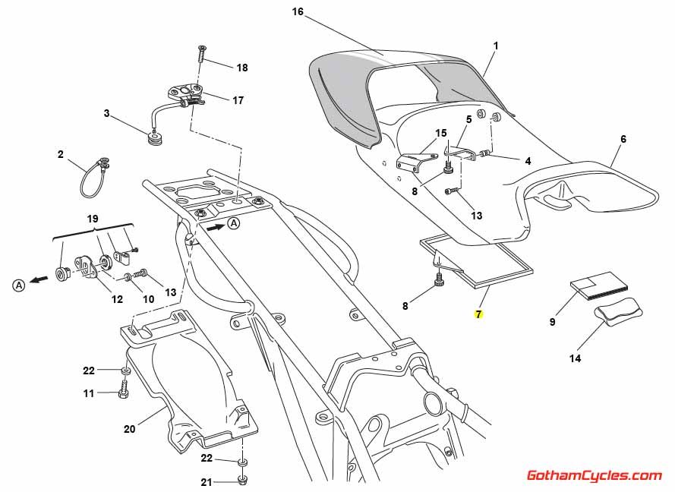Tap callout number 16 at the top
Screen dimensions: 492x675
[x=298, y=11]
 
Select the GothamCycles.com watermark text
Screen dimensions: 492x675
[x=595, y=476]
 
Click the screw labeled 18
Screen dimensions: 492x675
[x=203, y=53]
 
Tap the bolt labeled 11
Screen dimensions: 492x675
[x=122, y=394]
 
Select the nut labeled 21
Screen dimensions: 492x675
[x=242, y=481]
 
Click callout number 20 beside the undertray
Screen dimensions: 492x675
[x=129, y=429]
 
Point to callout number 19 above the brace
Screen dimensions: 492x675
[x=93, y=219]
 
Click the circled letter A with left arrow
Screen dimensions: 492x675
[x=17, y=285]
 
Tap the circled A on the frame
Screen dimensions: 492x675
[x=234, y=223]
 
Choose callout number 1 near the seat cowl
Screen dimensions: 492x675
[x=495, y=46]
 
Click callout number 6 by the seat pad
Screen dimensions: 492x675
[x=623, y=140]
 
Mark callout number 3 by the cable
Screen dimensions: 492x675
[x=107, y=114]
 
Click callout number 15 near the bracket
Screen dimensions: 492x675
[x=441, y=134]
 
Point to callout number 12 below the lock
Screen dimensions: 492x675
[x=117, y=299]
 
